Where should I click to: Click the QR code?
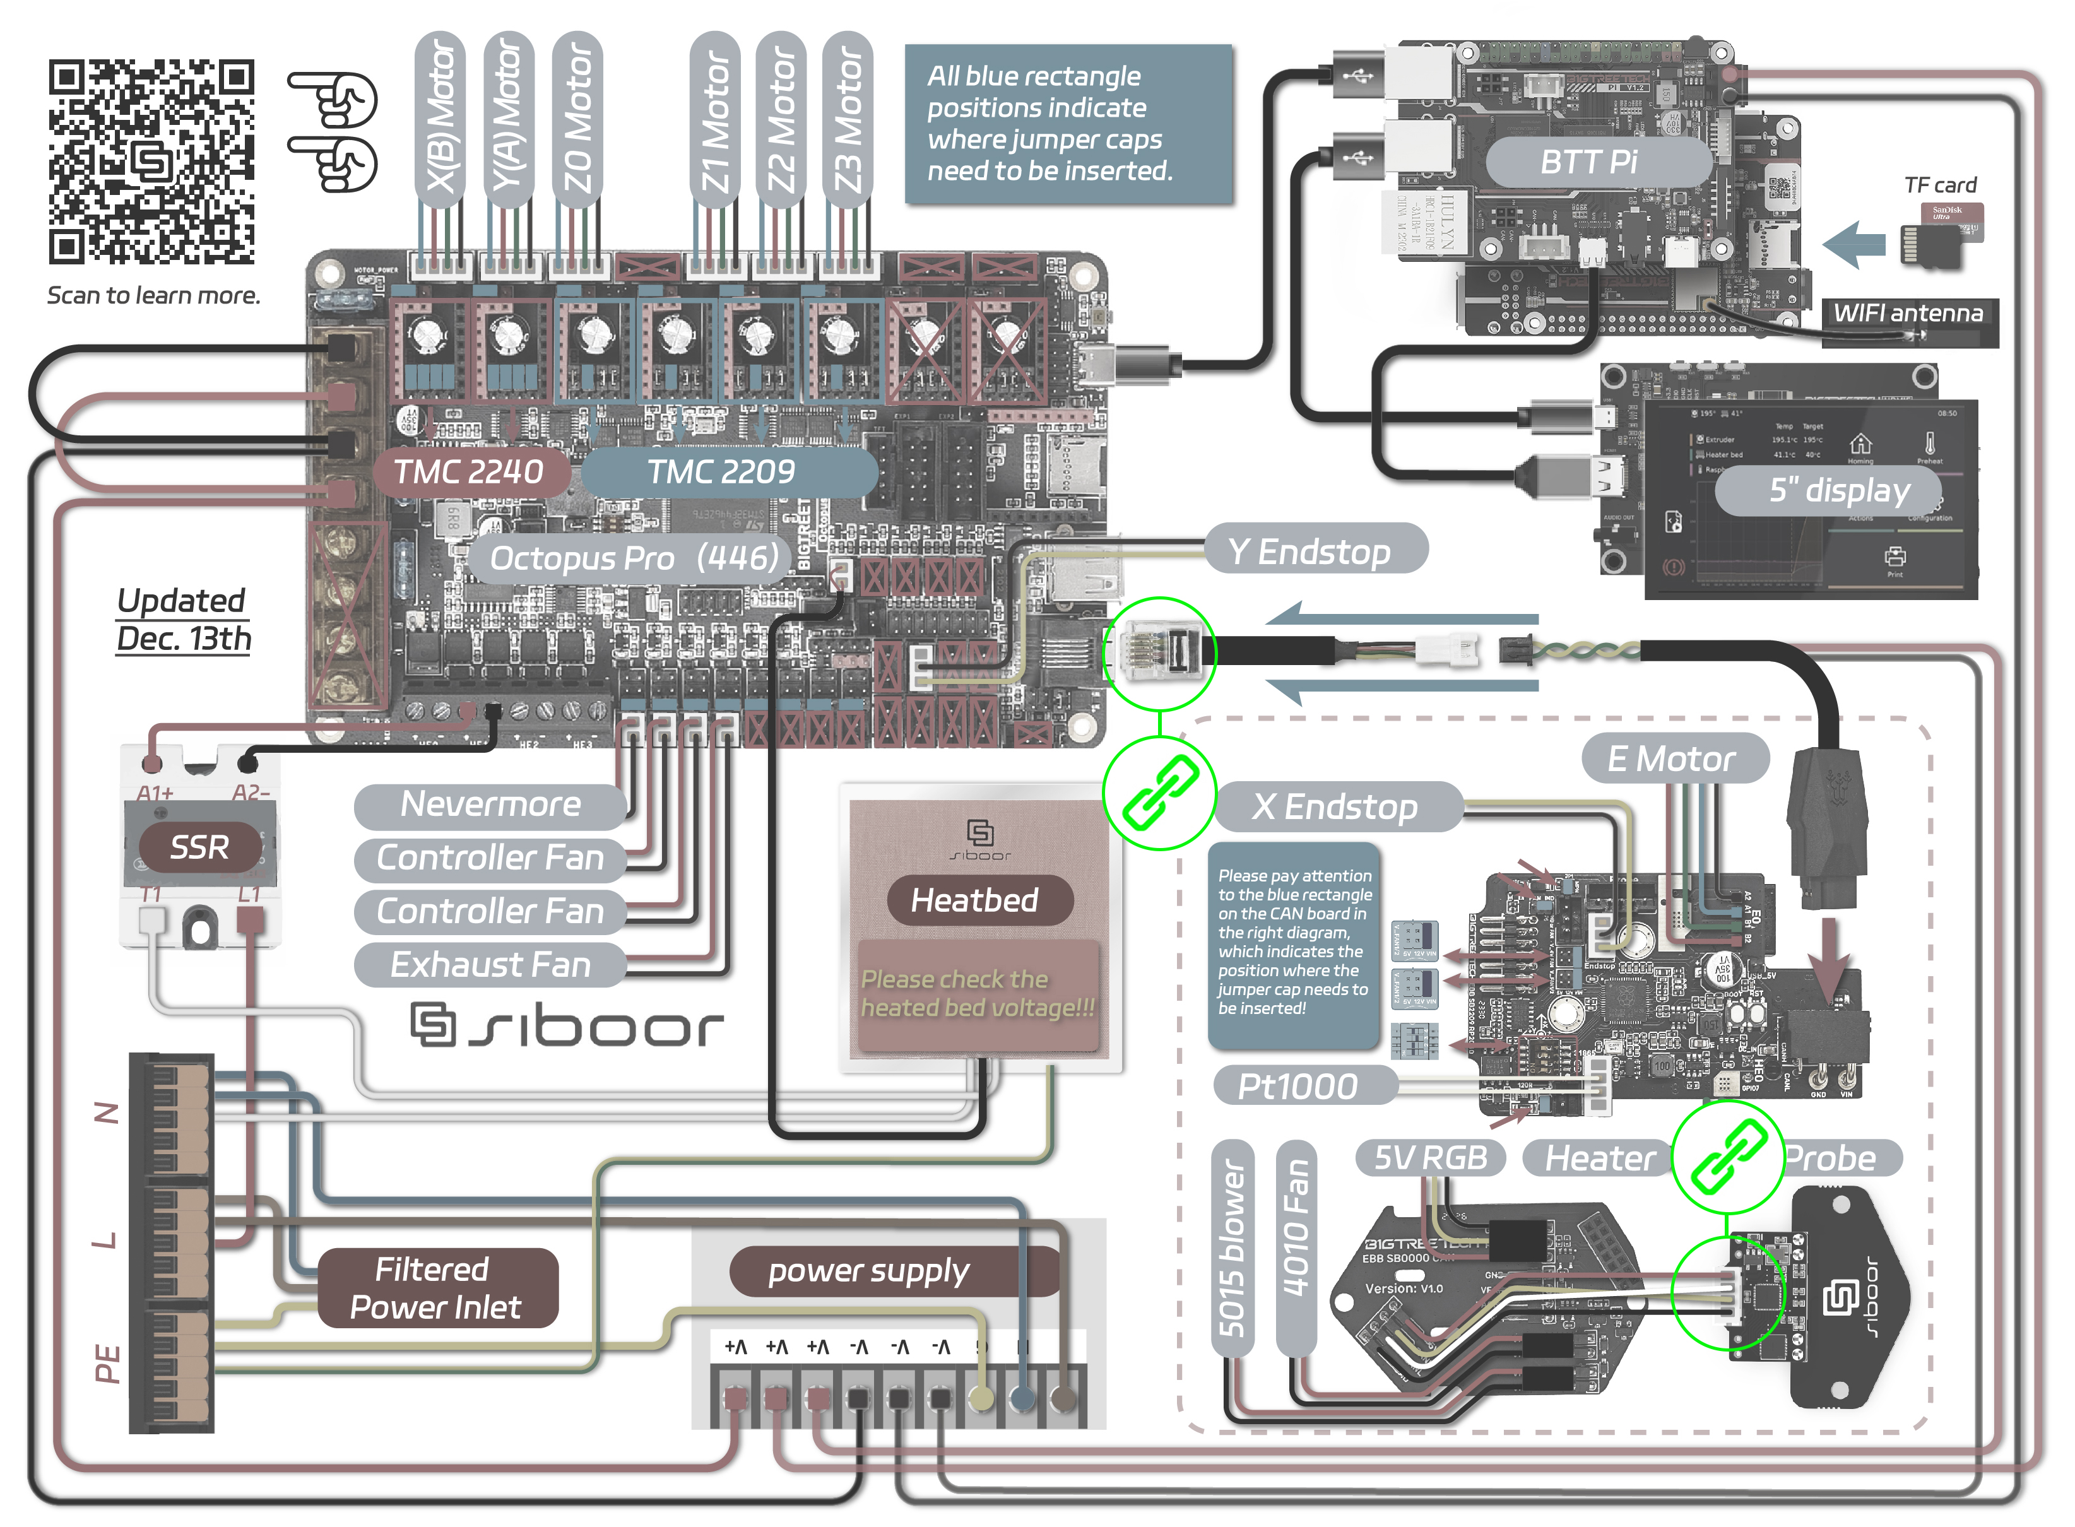151,162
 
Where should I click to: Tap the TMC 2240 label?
469,471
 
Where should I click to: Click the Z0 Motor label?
577,119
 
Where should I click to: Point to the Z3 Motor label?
848,119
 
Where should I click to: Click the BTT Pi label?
1588,162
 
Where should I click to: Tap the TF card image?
1941,236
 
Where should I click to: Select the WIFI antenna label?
1908,314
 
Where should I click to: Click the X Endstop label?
1335,807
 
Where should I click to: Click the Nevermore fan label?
490,804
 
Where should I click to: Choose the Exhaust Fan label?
490,965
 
